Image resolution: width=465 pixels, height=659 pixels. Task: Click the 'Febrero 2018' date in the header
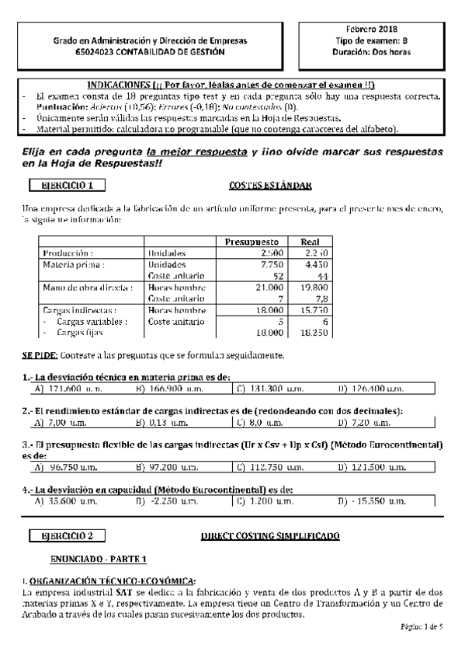(x=377, y=28)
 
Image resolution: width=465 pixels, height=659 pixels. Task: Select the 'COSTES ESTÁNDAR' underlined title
(x=271, y=185)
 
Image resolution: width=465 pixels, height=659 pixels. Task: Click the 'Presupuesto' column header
(x=256, y=241)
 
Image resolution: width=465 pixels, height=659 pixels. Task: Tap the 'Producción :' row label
(x=69, y=253)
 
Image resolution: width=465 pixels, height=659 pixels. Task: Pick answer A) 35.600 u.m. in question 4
(x=67, y=502)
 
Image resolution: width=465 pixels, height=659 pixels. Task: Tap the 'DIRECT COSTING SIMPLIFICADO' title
(x=270, y=536)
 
